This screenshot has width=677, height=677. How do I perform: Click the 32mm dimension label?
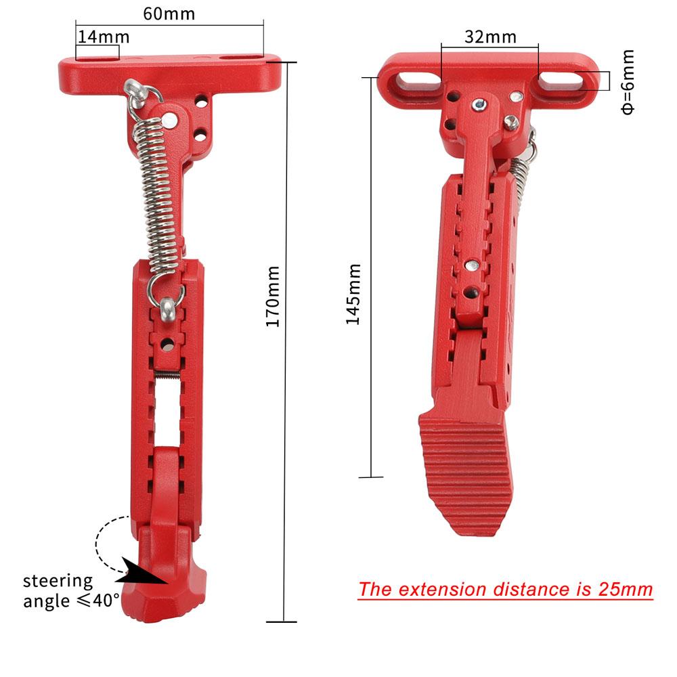click(x=490, y=37)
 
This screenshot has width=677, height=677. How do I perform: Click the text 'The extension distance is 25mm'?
click(x=505, y=589)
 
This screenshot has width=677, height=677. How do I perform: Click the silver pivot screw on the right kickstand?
click(x=479, y=104)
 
